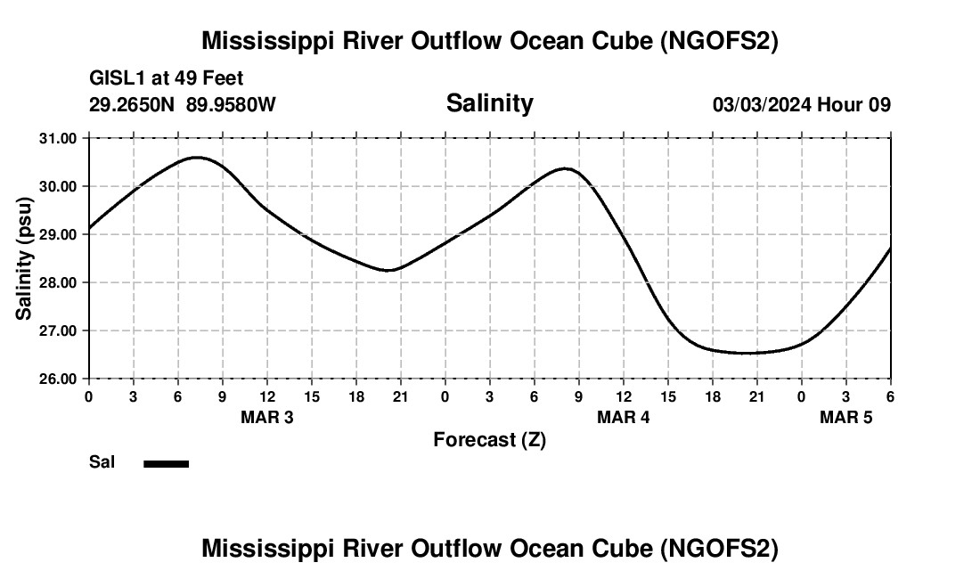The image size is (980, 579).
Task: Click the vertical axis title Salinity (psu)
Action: [24, 258]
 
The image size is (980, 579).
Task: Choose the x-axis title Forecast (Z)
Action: [489, 439]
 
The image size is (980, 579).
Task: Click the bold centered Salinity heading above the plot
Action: [489, 103]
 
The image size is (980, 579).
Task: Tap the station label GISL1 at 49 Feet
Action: [167, 79]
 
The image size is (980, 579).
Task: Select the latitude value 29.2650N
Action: [133, 105]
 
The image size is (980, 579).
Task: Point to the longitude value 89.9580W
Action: [231, 105]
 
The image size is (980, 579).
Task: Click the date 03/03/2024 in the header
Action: [761, 105]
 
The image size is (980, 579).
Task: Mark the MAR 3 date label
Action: [266, 418]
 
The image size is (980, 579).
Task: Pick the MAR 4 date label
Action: [623, 418]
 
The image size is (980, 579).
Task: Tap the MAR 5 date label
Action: [845, 418]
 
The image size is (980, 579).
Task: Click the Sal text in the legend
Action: [102, 462]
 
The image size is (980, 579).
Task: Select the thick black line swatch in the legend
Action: [167, 463]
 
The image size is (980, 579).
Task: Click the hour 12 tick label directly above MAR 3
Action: [266, 396]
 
